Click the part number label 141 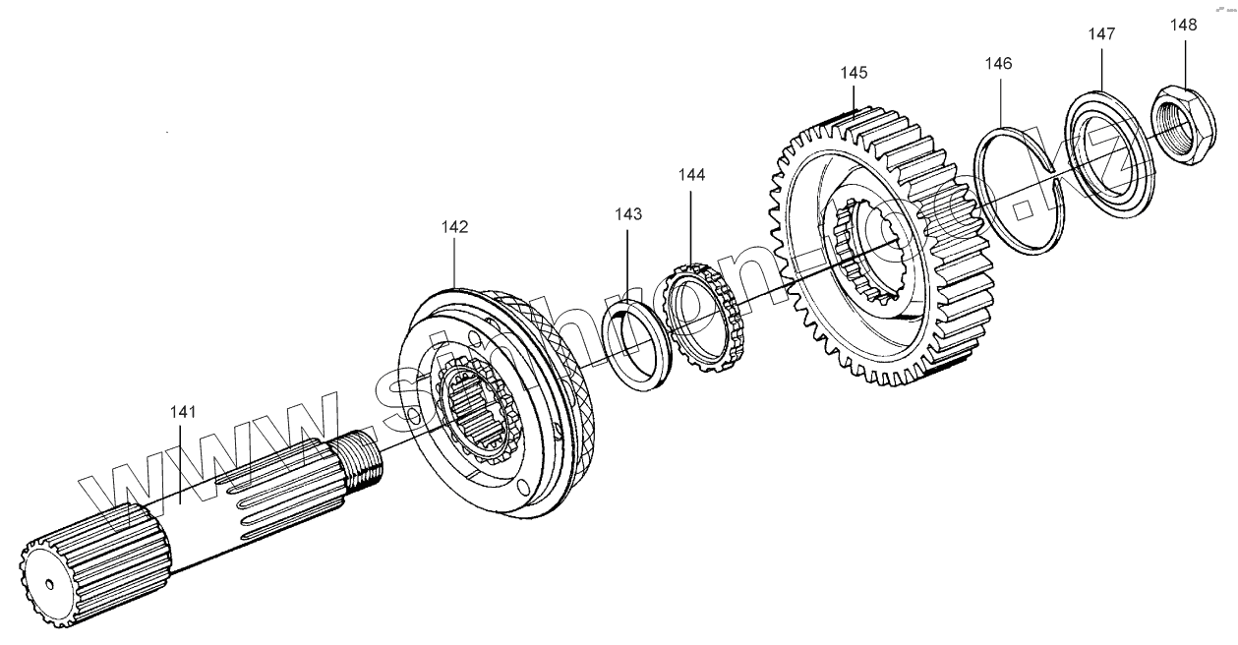(181, 412)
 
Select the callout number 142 (454, 226)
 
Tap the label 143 (629, 213)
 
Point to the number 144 (691, 174)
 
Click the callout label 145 (855, 73)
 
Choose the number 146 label (998, 63)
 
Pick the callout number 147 (1101, 33)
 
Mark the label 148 (1184, 25)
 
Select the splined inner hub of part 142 (477, 403)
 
